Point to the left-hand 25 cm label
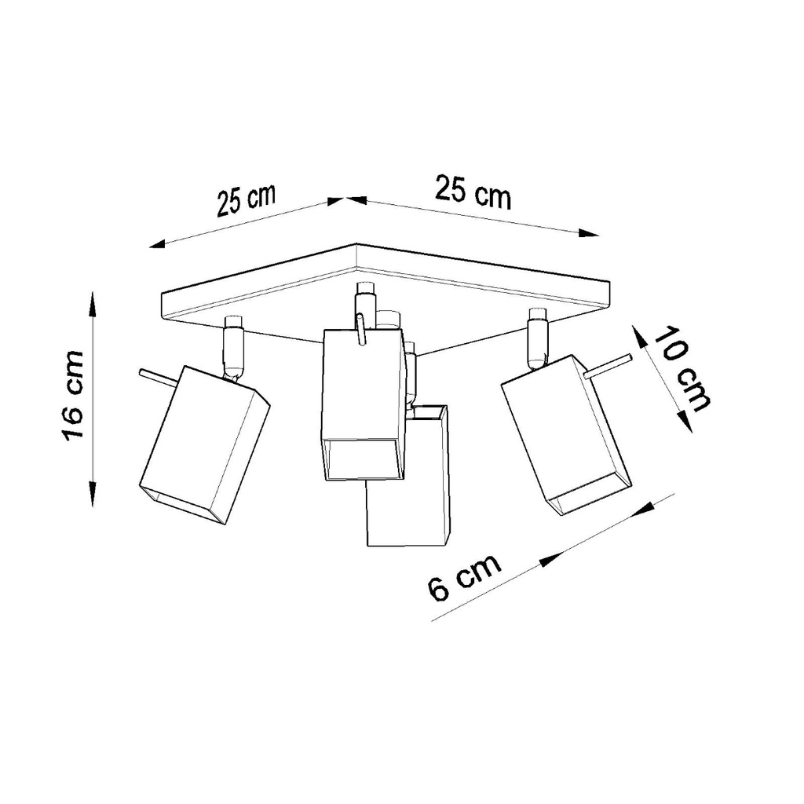[x=247, y=201]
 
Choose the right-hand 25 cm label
[x=473, y=193]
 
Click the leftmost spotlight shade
[x=204, y=444]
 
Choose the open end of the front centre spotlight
[x=362, y=459]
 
